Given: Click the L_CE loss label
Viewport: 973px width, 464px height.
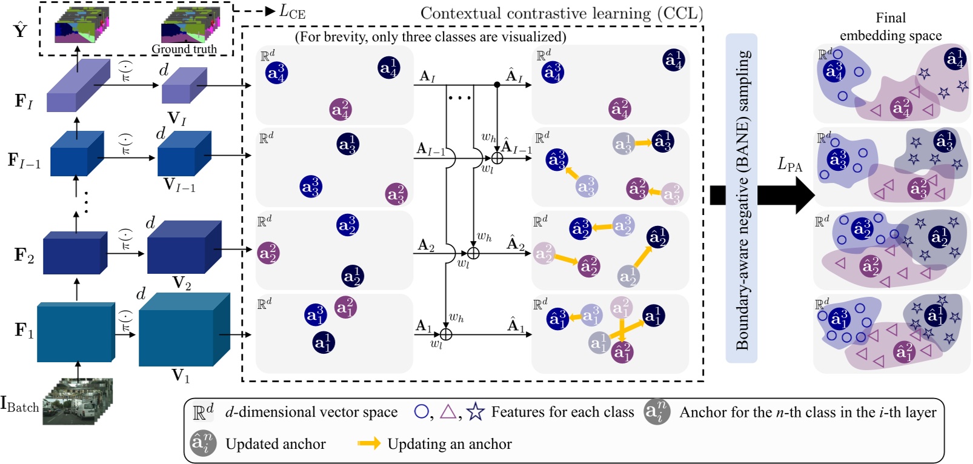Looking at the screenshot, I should pos(292,12).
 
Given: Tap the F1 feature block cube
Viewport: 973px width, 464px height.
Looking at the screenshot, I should pos(76,331).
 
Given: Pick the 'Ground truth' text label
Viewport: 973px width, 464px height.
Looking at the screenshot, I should pos(184,49).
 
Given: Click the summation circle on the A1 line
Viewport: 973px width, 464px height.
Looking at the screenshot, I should pos(446,334).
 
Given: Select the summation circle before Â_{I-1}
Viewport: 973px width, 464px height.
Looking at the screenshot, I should pos(497,159).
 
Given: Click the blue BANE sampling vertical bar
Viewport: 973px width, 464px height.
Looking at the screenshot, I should pos(742,198).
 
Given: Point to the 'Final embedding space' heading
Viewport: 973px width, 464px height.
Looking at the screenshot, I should pos(890,27).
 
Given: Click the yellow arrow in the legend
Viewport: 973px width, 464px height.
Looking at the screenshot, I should pos(368,443).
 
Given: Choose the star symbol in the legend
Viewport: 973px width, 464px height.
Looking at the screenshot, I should pos(476,412).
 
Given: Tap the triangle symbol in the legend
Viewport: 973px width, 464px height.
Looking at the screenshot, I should pos(448,412).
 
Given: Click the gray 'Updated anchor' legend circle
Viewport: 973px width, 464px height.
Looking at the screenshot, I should pos(202,443).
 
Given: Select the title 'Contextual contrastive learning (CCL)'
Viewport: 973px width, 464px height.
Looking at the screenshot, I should pos(561,13).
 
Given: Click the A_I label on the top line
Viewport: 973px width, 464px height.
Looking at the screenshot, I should pos(427,76).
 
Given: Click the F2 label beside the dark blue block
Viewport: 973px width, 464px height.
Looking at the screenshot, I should pos(24,256).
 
